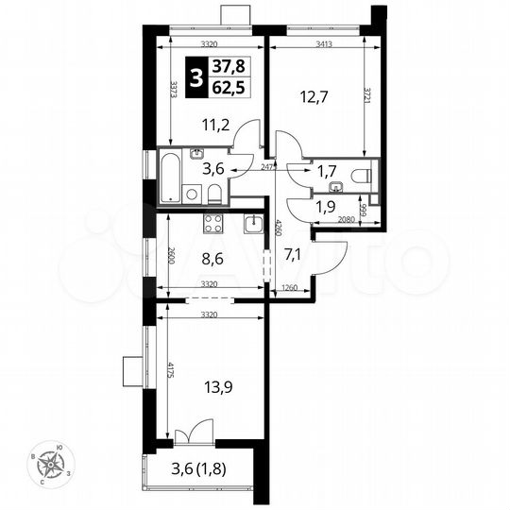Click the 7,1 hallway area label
[293, 253]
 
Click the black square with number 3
[195, 76]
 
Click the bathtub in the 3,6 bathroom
[170, 178]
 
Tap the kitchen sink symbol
[253, 223]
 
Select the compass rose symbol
[50, 465]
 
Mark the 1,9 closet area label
[326, 207]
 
